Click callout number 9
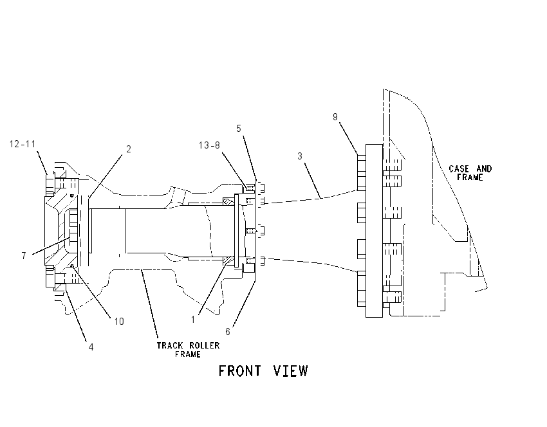pos(335,117)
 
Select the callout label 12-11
pos(23,144)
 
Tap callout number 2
pos(128,149)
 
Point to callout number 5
pos(239,129)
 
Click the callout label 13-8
pos(209,145)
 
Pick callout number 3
pos(300,156)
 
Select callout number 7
pos(24,256)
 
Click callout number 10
pos(119,322)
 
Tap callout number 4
pos(91,347)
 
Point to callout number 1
pos(193,320)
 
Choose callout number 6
pos(228,332)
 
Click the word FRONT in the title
pos(239,371)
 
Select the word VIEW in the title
pos(291,371)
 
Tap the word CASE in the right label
pos(459,168)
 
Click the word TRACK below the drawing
pos(170,345)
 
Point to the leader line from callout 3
pos(313,181)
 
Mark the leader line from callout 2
pos(105,176)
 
